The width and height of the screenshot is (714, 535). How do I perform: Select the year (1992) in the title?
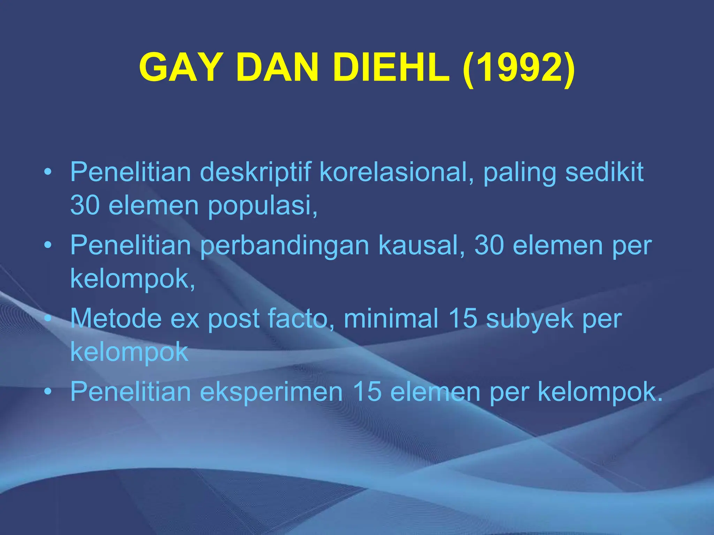[x=518, y=68]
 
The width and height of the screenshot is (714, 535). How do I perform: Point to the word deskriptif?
[x=255, y=172]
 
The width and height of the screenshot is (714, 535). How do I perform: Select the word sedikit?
[x=604, y=172]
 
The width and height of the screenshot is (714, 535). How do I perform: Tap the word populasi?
[x=262, y=206]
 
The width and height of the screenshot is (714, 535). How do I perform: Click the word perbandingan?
[x=284, y=246]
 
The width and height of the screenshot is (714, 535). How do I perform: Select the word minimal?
[x=391, y=318]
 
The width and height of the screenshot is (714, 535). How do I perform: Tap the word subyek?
[x=530, y=319]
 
